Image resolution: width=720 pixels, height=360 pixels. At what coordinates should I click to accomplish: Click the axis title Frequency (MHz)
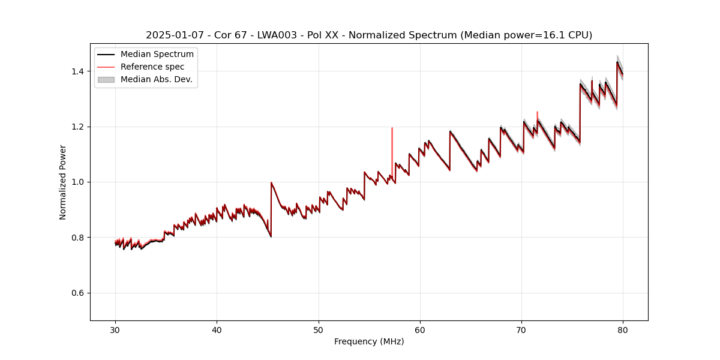point(369,341)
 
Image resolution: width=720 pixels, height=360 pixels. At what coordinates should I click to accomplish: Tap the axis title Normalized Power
point(63,182)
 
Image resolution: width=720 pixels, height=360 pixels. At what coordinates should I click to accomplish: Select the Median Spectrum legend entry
point(157,55)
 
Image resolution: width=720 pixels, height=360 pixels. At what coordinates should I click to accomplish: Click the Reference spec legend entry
point(152,67)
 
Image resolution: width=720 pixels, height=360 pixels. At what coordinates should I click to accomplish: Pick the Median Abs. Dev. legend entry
point(156,79)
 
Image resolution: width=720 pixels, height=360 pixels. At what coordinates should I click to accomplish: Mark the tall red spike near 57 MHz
point(392,138)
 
